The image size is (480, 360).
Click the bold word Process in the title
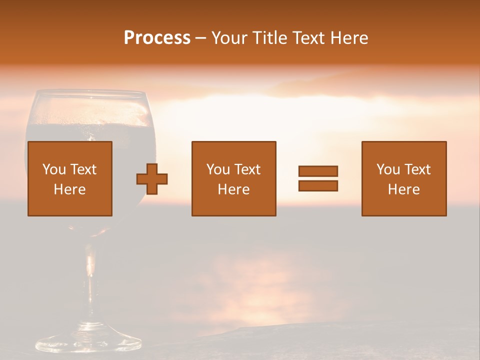pyautogui.click(x=157, y=38)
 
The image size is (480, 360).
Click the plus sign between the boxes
pyautogui.click(x=152, y=179)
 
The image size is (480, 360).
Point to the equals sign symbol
pyautogui.click(x=318, y=178)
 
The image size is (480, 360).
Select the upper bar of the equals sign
pyautogui.click(x=318, y=171)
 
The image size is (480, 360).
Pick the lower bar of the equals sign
pyautogui.click(x=318, y=186)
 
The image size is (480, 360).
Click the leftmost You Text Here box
pyautogui.click(x=70, y=178)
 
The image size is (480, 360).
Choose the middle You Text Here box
pyautogui.click(x=234, y=178)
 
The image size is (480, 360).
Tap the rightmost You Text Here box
pyautogui.click(x=404, y=178)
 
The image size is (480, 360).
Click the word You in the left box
pyautogui.click(x=53, y=169)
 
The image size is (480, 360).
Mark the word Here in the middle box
pyautogui.click(x=234, y=189)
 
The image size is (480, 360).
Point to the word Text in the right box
pyautogui.click(x=417, y=169)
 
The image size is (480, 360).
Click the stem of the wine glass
pyautogui.click(x=90, y=280)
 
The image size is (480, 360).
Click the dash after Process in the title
pyautogui.click(x=200, y=38)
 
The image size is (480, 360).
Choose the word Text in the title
pyautogui.click(x=304, y=38)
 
